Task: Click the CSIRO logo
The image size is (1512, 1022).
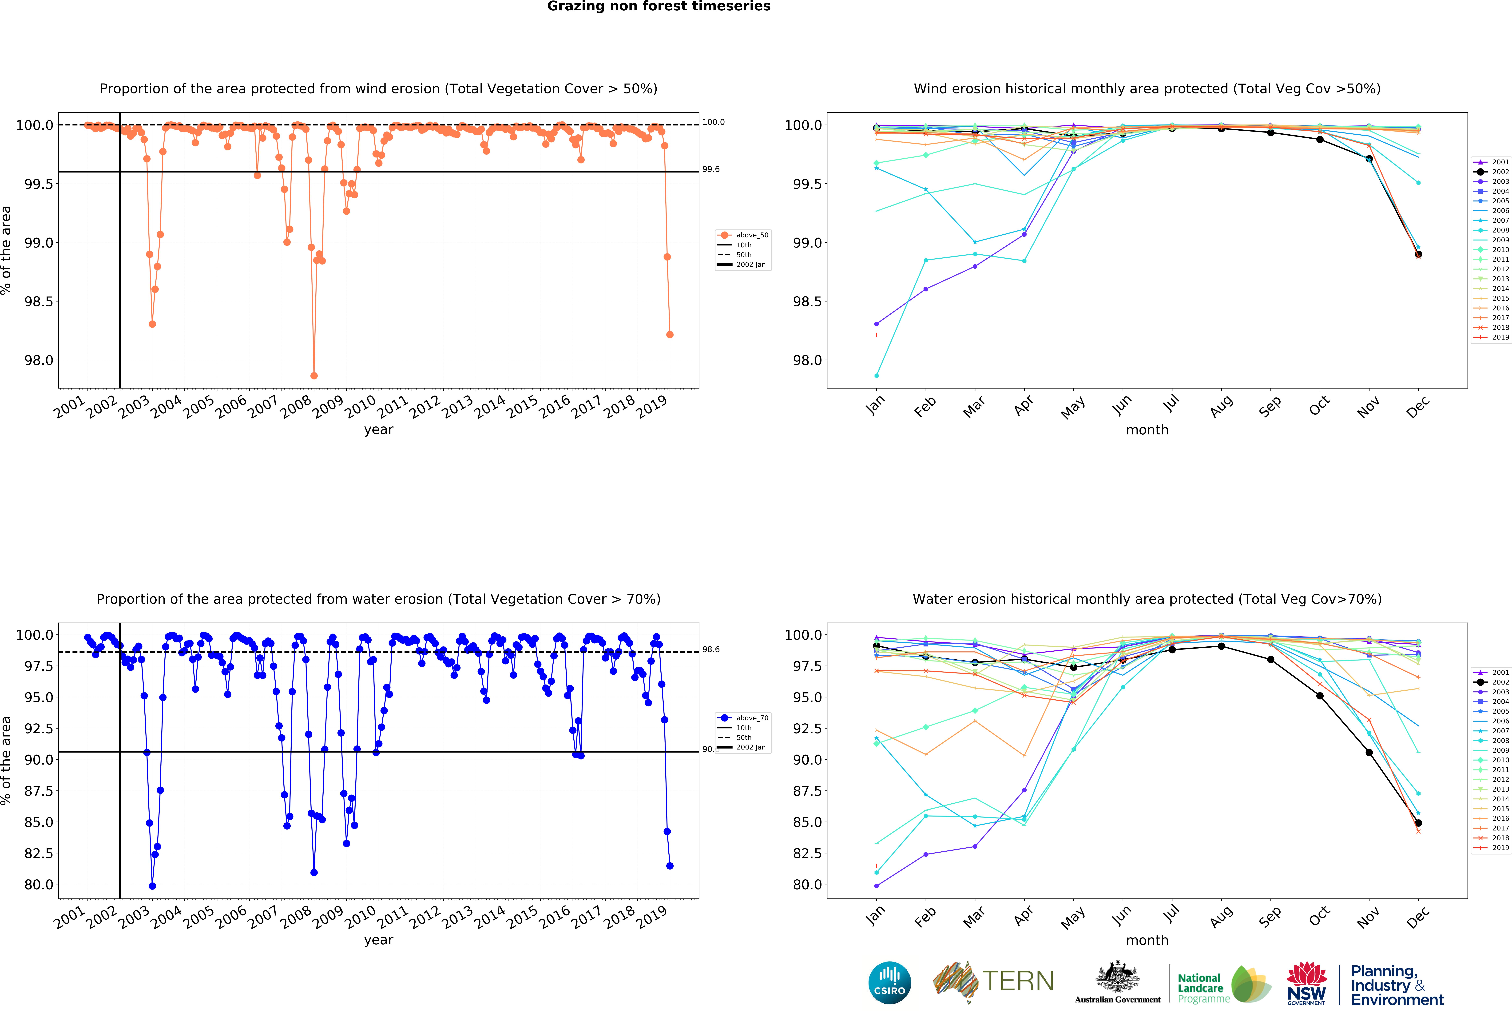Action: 889,982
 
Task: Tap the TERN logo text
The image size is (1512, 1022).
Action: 1018,981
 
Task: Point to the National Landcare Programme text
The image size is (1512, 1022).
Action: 1204,988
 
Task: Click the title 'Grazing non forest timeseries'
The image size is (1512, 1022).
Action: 658,7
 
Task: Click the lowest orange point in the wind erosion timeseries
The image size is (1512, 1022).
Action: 314,376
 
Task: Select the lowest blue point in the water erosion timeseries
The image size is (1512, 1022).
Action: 152,886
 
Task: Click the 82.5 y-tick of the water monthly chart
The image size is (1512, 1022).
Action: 807,853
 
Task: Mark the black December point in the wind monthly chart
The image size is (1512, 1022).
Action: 1418,255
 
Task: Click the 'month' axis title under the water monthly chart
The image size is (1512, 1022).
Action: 1147,940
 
